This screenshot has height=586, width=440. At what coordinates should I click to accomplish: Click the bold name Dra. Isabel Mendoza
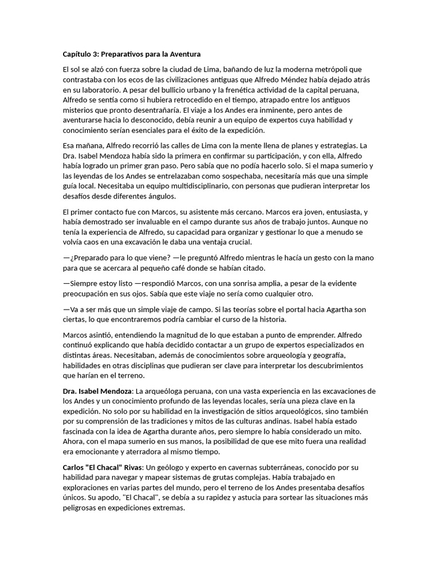96,391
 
